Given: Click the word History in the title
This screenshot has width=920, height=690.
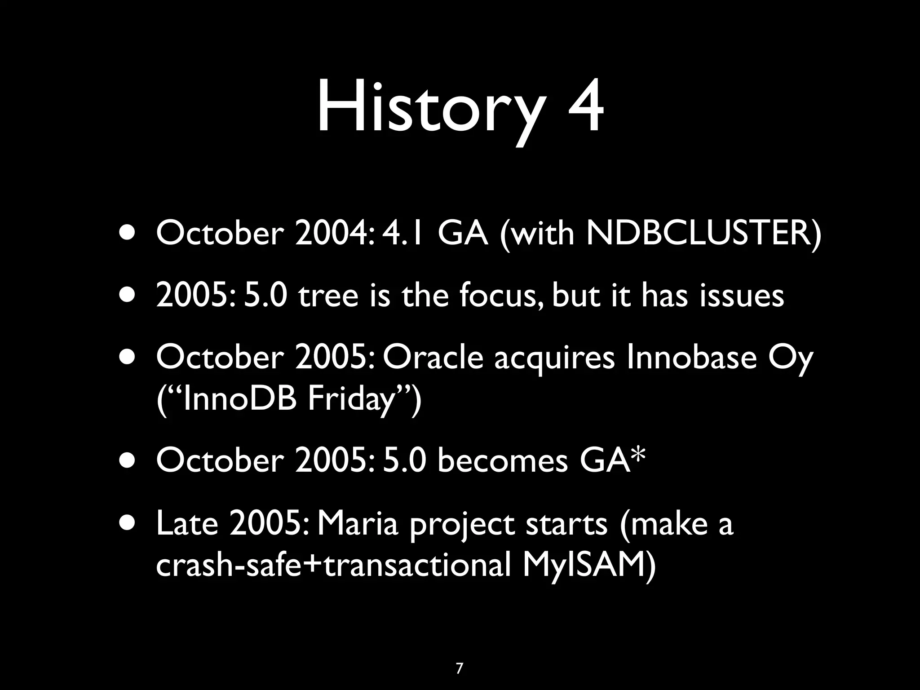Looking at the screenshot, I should (429, 109).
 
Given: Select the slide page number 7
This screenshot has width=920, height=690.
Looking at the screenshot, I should (459, 656).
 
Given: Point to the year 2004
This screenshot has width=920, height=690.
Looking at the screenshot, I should (333, 234).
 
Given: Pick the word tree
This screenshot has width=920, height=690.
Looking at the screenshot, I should (328, 296).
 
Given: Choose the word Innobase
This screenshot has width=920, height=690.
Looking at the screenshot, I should (691, 358).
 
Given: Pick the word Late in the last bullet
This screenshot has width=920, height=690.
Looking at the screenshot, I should (187, 524).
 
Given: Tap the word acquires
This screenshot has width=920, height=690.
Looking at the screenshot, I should (554, 358).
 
